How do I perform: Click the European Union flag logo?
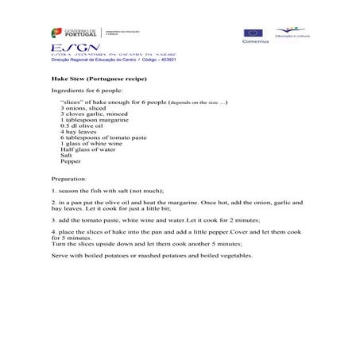[x=253, y=33]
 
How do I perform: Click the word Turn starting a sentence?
[x=58, y=244]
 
